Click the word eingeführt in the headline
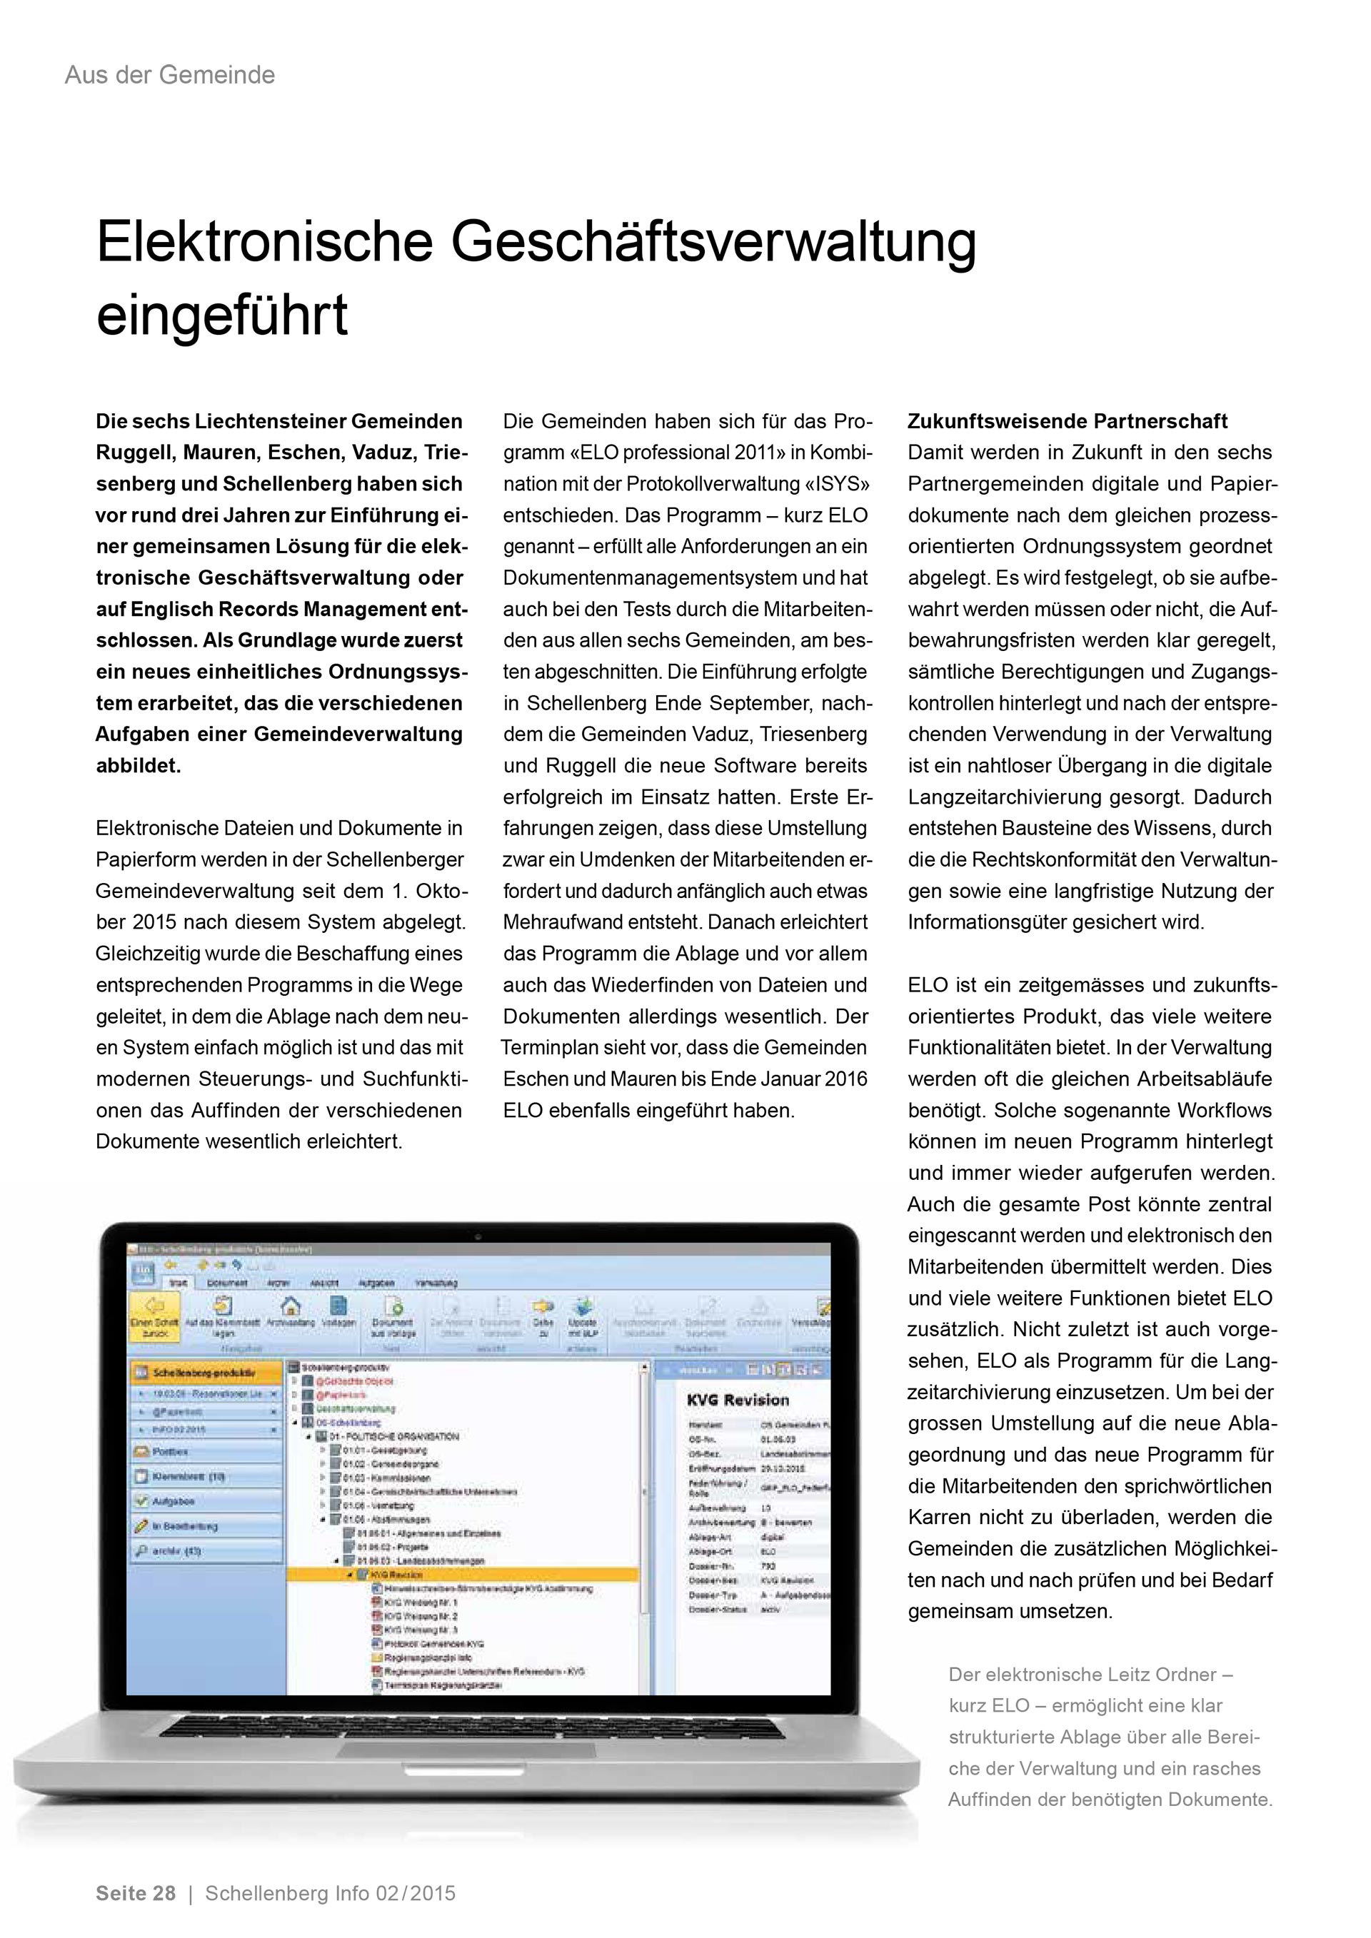coord(222,315)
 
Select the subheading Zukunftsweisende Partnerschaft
coord(1067,421)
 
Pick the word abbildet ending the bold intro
coord(138,766)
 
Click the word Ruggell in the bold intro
coord(134,453)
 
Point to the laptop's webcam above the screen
coord(478,1236)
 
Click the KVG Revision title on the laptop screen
coord(737,1400)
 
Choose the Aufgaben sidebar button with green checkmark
coord(173,1500)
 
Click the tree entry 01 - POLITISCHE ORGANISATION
coord(393,1435)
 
